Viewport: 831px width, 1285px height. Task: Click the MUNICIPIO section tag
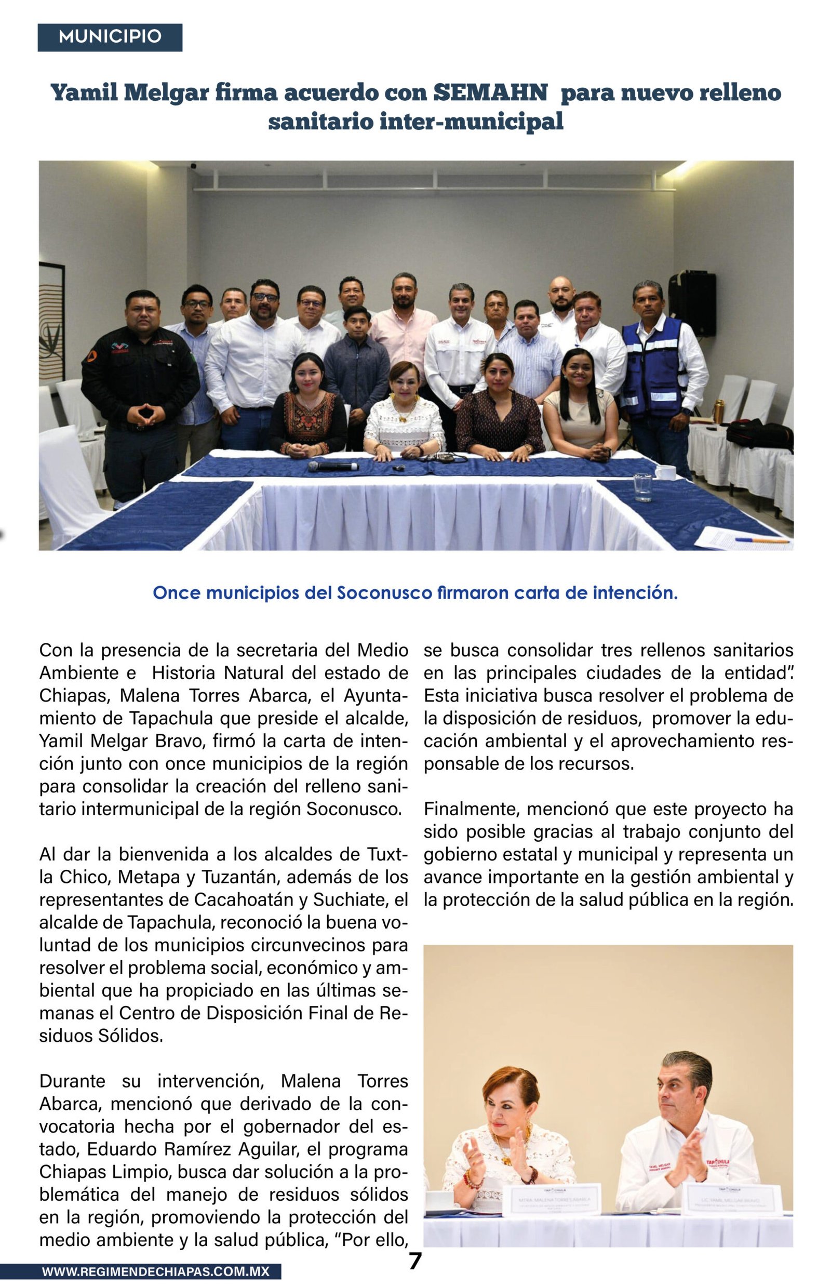pos(110,37)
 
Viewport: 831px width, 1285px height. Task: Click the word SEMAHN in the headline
pos(490,93)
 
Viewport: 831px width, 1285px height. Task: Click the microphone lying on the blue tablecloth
pos(333,466)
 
